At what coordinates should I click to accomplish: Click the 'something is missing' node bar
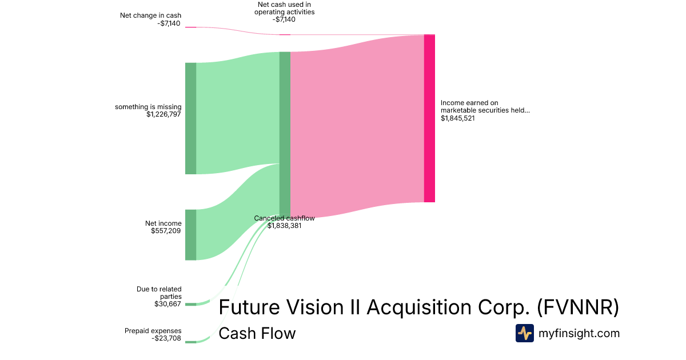pos(190,118)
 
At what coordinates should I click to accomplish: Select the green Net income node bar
pos(190,235)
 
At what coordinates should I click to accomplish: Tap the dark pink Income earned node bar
pos(429,118)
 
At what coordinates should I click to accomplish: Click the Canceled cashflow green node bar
pos(285,134)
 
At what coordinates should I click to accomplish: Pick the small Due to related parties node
pos(190,304)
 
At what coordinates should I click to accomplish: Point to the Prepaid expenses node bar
pos(190,342)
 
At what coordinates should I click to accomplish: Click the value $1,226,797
pos(164,114)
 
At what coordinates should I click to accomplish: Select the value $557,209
pos(166,231)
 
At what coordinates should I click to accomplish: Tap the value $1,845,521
pos(458,118)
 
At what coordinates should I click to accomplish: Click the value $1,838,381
pos(285,226)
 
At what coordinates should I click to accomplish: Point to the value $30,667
pos(168,304)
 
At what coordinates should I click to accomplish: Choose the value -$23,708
pos(166,338)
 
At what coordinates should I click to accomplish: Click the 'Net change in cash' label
pos(151,15)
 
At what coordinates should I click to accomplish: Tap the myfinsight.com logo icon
pos(524,333)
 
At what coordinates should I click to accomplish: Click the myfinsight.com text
pos(579,333)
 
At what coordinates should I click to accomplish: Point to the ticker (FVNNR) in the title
pos(578,307)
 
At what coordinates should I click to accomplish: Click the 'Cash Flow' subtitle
pos(257,333)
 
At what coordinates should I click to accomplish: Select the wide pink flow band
pos(357,126)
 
